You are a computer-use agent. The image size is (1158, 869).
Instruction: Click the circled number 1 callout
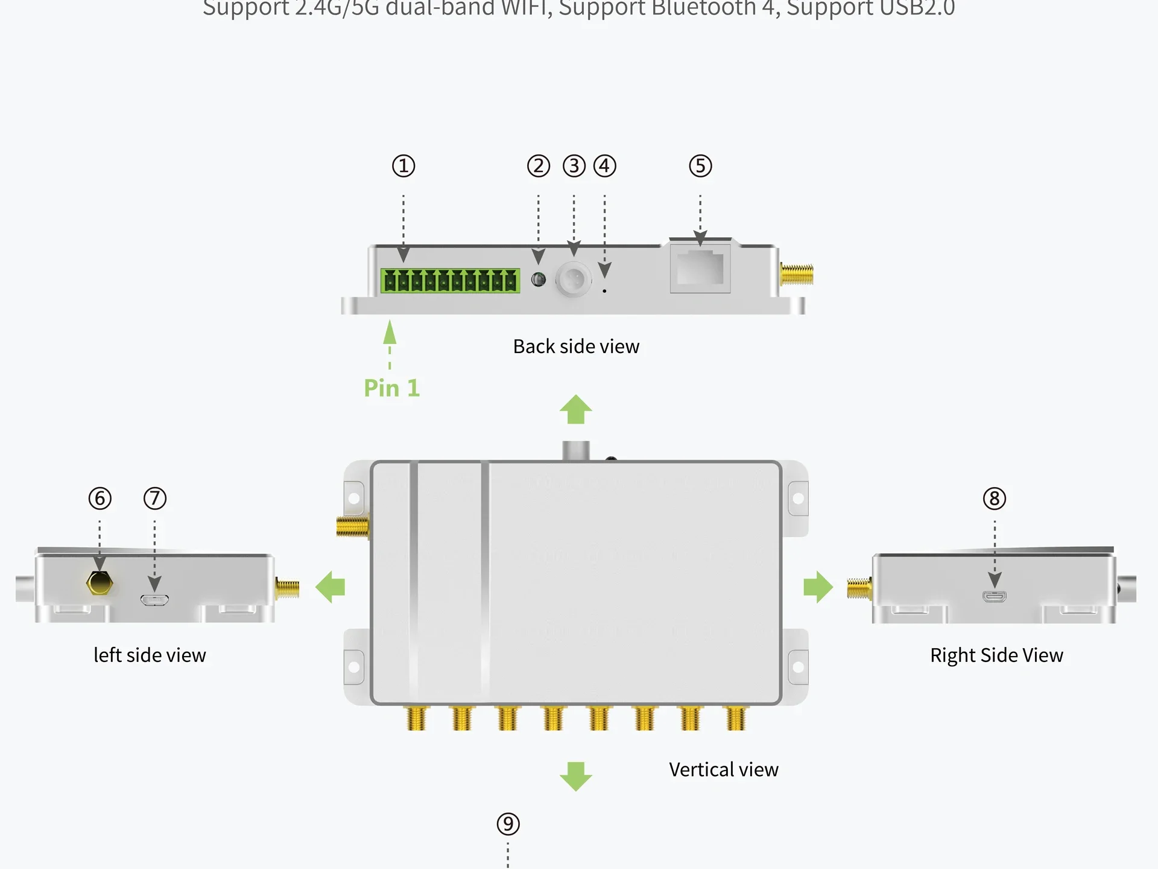pyautogui.click(x=403, y=166)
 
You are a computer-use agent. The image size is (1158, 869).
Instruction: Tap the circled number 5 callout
pyautogui.click(x=700, y=166)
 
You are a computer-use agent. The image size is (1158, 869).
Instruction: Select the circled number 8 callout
pyautogui.click(x=995, y=498)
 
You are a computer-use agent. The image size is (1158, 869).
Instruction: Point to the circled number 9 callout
pyautogui.click(x=508, y=824)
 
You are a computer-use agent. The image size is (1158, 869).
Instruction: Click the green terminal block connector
pyautogui.click(x=450, y=281)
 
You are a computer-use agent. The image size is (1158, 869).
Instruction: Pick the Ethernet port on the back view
pyautogui.click(x=700, y=268)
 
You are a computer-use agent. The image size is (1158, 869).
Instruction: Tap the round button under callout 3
pyautogui.click(x=573, y=279)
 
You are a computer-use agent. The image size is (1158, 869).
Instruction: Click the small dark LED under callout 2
pyautogui.click(x=539, y=279)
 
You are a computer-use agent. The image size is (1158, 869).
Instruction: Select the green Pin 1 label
pyautogui.click(x=391, y=388)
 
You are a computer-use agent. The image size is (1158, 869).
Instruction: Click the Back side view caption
pyautogui.click(x=576, y=346)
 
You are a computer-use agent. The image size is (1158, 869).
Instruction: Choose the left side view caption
pyautogui.click(x=150, y=655)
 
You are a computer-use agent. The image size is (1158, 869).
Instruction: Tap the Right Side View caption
pyautogui.click(x=996, y=655)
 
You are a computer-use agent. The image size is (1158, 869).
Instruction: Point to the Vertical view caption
pyautogui.click(x=723, y=770)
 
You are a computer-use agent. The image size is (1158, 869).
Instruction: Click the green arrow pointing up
pyautogui.click(x=576, y=410)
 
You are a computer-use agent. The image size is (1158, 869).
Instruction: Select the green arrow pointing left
pyautogui.click(x=331, y=587)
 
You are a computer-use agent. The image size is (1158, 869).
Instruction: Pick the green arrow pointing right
pyautogui.click(x=818, y=587)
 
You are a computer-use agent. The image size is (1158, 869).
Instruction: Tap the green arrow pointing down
pyautogui.click(x=576, y=776)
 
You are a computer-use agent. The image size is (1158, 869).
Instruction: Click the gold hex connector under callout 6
pyautogui.click(x=100, y=584)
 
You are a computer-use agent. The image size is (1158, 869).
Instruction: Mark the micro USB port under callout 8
pyautogui.click(x=995, y=597)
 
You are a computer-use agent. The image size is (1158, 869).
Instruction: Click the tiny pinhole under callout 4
pyautogui.click(x=604, y=291)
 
